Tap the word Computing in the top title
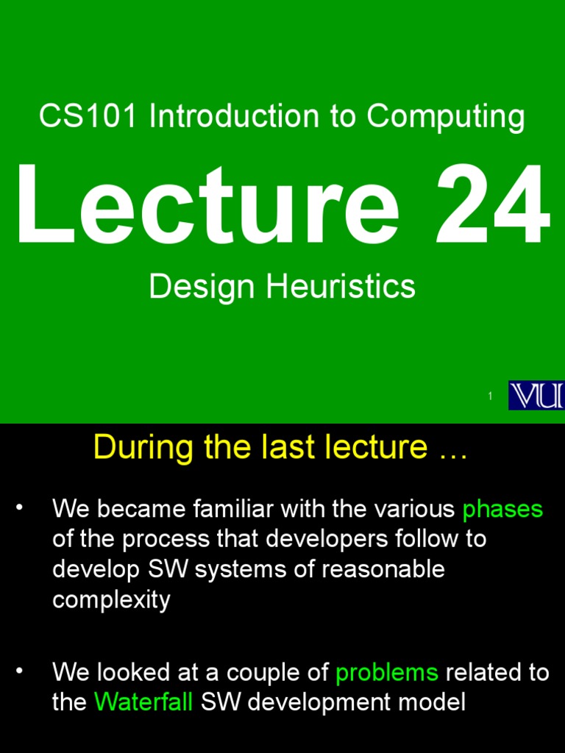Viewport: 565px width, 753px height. [446, 118]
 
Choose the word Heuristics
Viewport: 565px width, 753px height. [341, 287]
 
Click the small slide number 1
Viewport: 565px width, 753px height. [489, 397]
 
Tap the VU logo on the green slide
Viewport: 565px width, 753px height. [537, 396]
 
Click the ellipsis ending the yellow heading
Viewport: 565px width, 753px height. [452, 449]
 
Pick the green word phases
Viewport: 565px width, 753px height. [502, 509]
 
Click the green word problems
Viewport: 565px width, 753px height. [386, 672]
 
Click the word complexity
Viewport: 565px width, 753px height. [111, 600]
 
